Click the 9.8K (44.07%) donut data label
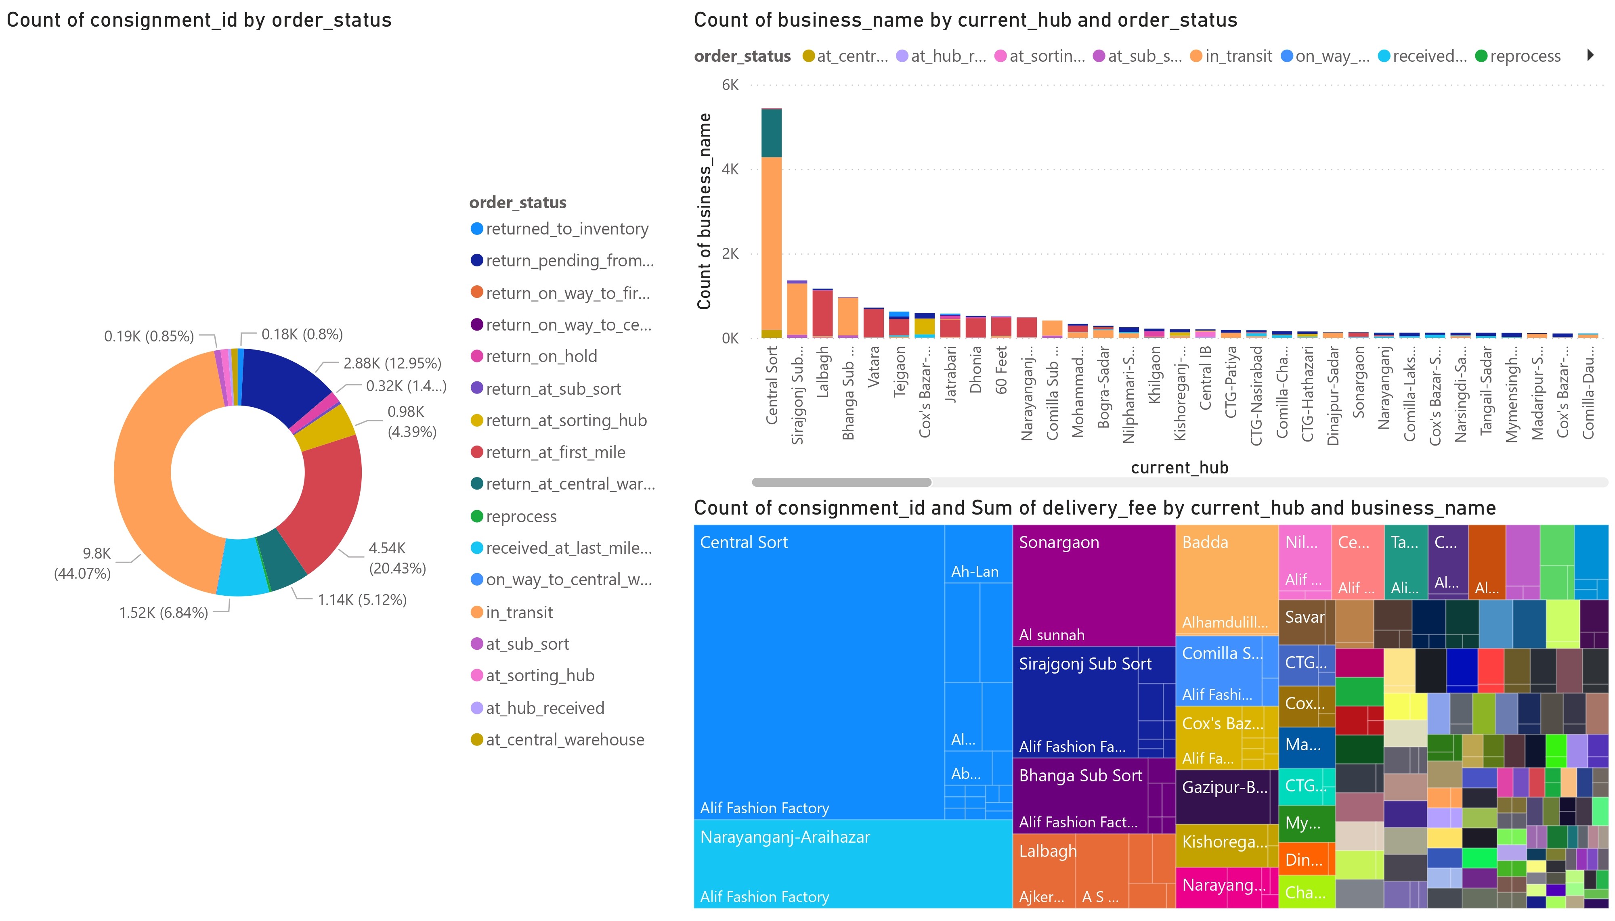point(82,563)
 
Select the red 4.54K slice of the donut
point(323,500)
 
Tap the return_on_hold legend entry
point(541,357)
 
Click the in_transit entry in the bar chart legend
point(1238,56)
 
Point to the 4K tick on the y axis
point(730,170)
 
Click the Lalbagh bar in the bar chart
point(822,313)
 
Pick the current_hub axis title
point(1179,468)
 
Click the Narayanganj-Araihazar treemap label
point(785,837)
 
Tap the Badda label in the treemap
point(1205,543)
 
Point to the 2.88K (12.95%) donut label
point(392,363)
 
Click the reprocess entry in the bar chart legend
point(1525,56)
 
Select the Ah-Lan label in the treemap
point(975,572)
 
